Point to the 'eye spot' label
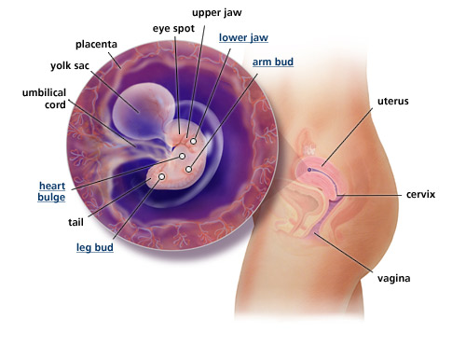(x=172, y=29)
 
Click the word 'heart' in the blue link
(x=51, y=185)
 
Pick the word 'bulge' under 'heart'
(x=51, y=198)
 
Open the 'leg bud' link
(x=95, y=248)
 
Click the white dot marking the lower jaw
(x=194, y=141)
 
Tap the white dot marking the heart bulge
(x=183, y=156)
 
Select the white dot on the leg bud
(x=162, y=175)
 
